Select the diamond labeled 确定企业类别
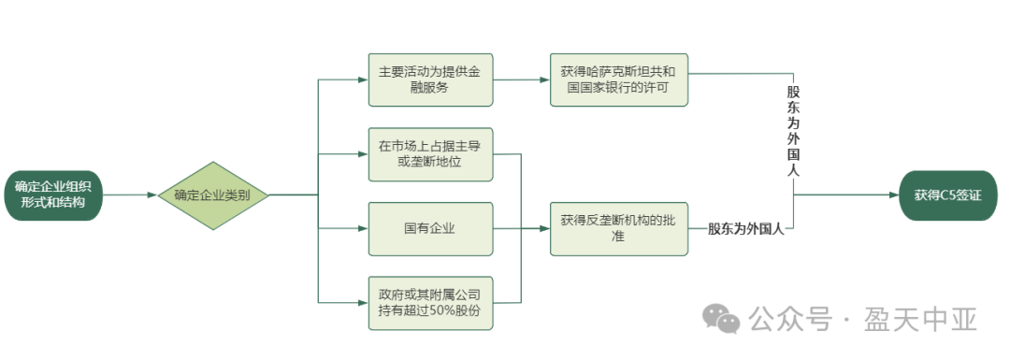pos(213,195)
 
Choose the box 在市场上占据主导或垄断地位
pos(430,153)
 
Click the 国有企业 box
pos(430,228)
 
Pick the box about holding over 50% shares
pos(430,302)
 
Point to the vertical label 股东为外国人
pos(793,131)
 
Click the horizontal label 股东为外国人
pos(745,228)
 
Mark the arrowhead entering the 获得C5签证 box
pos(894,195)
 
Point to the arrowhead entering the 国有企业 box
pos(363,228)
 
